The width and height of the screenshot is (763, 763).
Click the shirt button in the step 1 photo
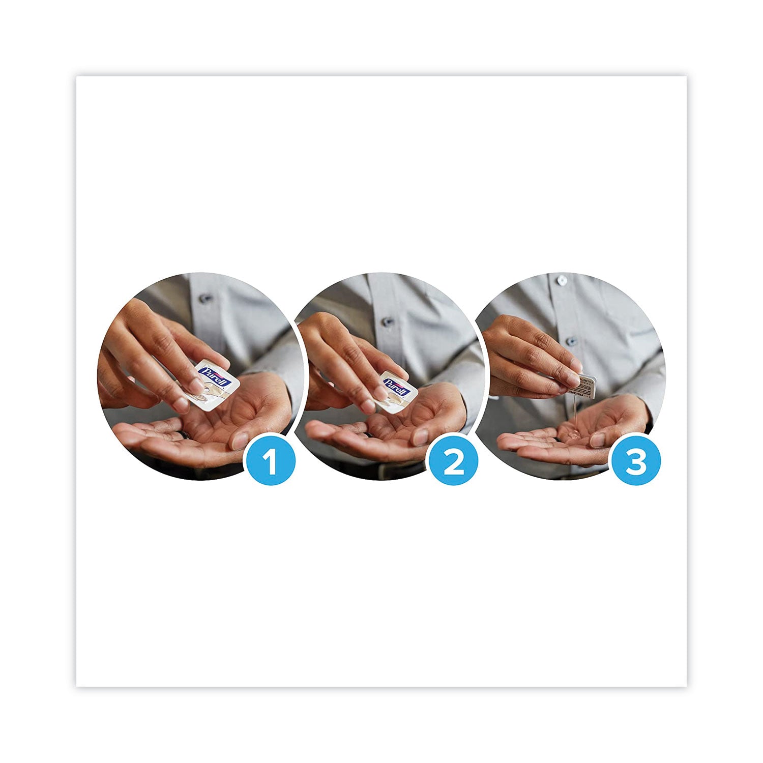(x=206, y=298)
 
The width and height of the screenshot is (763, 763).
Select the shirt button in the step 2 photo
(x=388, y=321)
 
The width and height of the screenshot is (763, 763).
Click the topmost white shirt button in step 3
(x=561, y=280)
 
